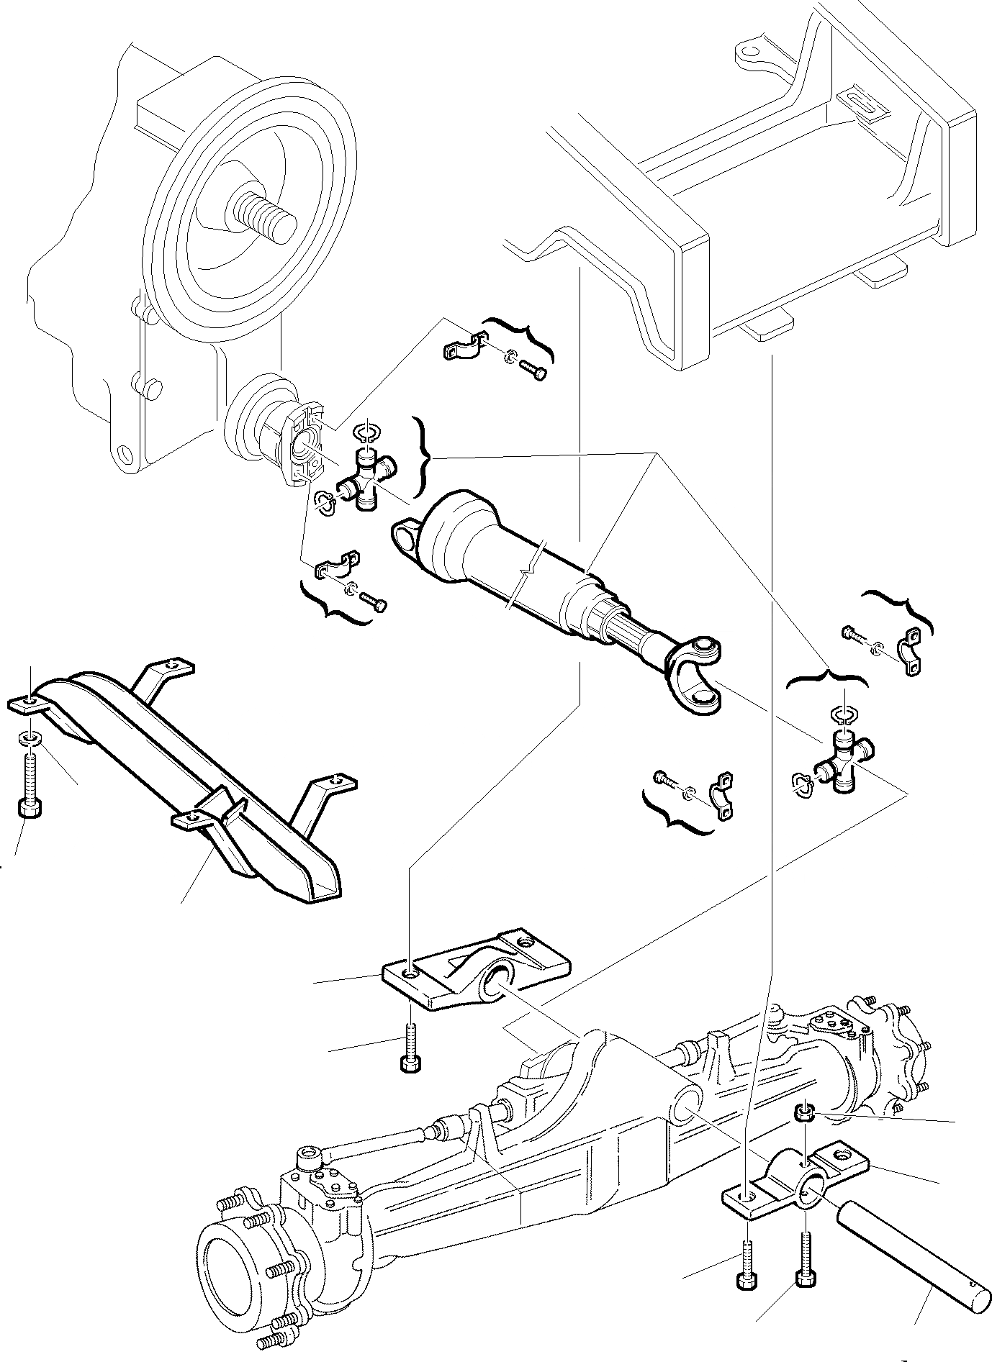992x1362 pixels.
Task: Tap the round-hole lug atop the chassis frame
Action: coord(749,53)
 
